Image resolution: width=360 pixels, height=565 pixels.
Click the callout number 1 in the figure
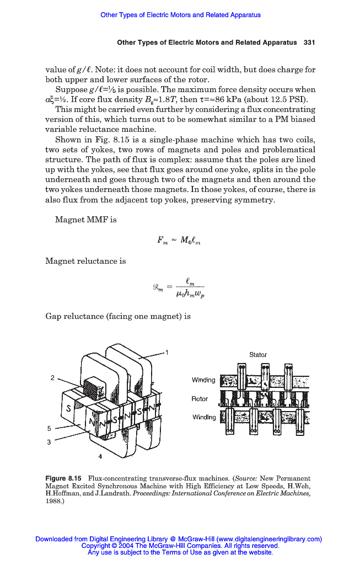pyautogui.click(x=167, y=351)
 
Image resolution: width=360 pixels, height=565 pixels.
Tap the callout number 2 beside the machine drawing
pyautogui.click(x=52, y=378)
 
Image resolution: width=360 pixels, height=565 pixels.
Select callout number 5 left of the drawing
pyautogui.click(x=49, y=428)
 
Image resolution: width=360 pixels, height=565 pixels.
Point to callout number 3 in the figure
pyautogui.click(x=49, y=441)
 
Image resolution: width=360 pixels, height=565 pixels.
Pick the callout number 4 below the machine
pyautogui.click(x=100, y=456)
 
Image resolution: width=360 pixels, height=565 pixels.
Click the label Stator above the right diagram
pyautogui.click(x=257, y=355)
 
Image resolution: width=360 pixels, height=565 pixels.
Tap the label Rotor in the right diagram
pyautogui.click(x=200, y=398)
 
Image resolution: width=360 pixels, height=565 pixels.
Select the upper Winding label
pyautogui.click(x=203, y=380)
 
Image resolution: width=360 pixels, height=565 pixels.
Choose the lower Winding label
pyautogui.click(x=203, y=417)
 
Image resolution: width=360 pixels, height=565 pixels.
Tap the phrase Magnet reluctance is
pyautogui.click(x=85, y=261)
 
